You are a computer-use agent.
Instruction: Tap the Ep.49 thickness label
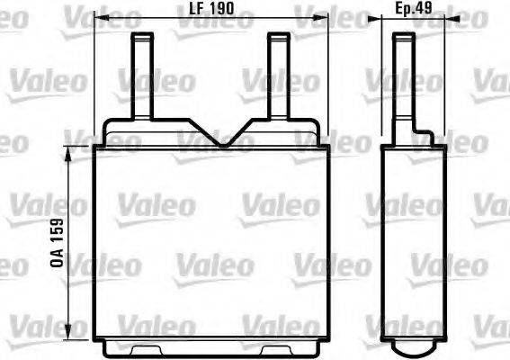[415, 9]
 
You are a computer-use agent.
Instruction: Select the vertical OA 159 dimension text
[55, 242]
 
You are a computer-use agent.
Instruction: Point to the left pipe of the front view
[142, 76]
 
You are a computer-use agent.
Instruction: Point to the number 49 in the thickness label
[425, 9]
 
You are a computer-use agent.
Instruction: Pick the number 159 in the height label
[55, 233]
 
